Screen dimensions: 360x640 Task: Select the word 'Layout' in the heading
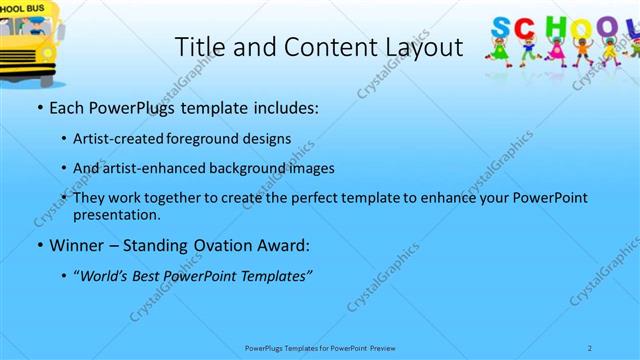point(427,47)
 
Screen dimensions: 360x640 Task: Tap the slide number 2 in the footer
point(590,348)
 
